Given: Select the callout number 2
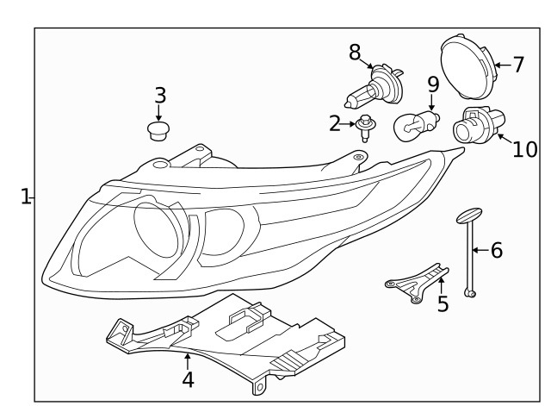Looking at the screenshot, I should pyautogui.click(x=335, y=124).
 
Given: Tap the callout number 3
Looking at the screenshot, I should pyautogui.click(x=160, y=95).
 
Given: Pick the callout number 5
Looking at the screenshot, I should pyautogui.click(x=443, y=303).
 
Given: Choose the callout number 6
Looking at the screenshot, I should pyautogui.click(x=496, y=251).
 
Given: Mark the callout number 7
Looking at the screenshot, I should pyautogui.click(x=518, y=64).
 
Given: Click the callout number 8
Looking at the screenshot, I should pyautogui.click(x=355, y=53).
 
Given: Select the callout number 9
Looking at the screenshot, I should pyautogui.click(x=433, y=84).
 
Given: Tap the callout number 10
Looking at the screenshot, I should pyautogui.click(x=524, y=149).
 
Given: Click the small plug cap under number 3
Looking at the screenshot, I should pyautogui.click(x=158, y=130).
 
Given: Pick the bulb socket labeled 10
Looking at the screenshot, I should pyautogui.click(x=473, y=128).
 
